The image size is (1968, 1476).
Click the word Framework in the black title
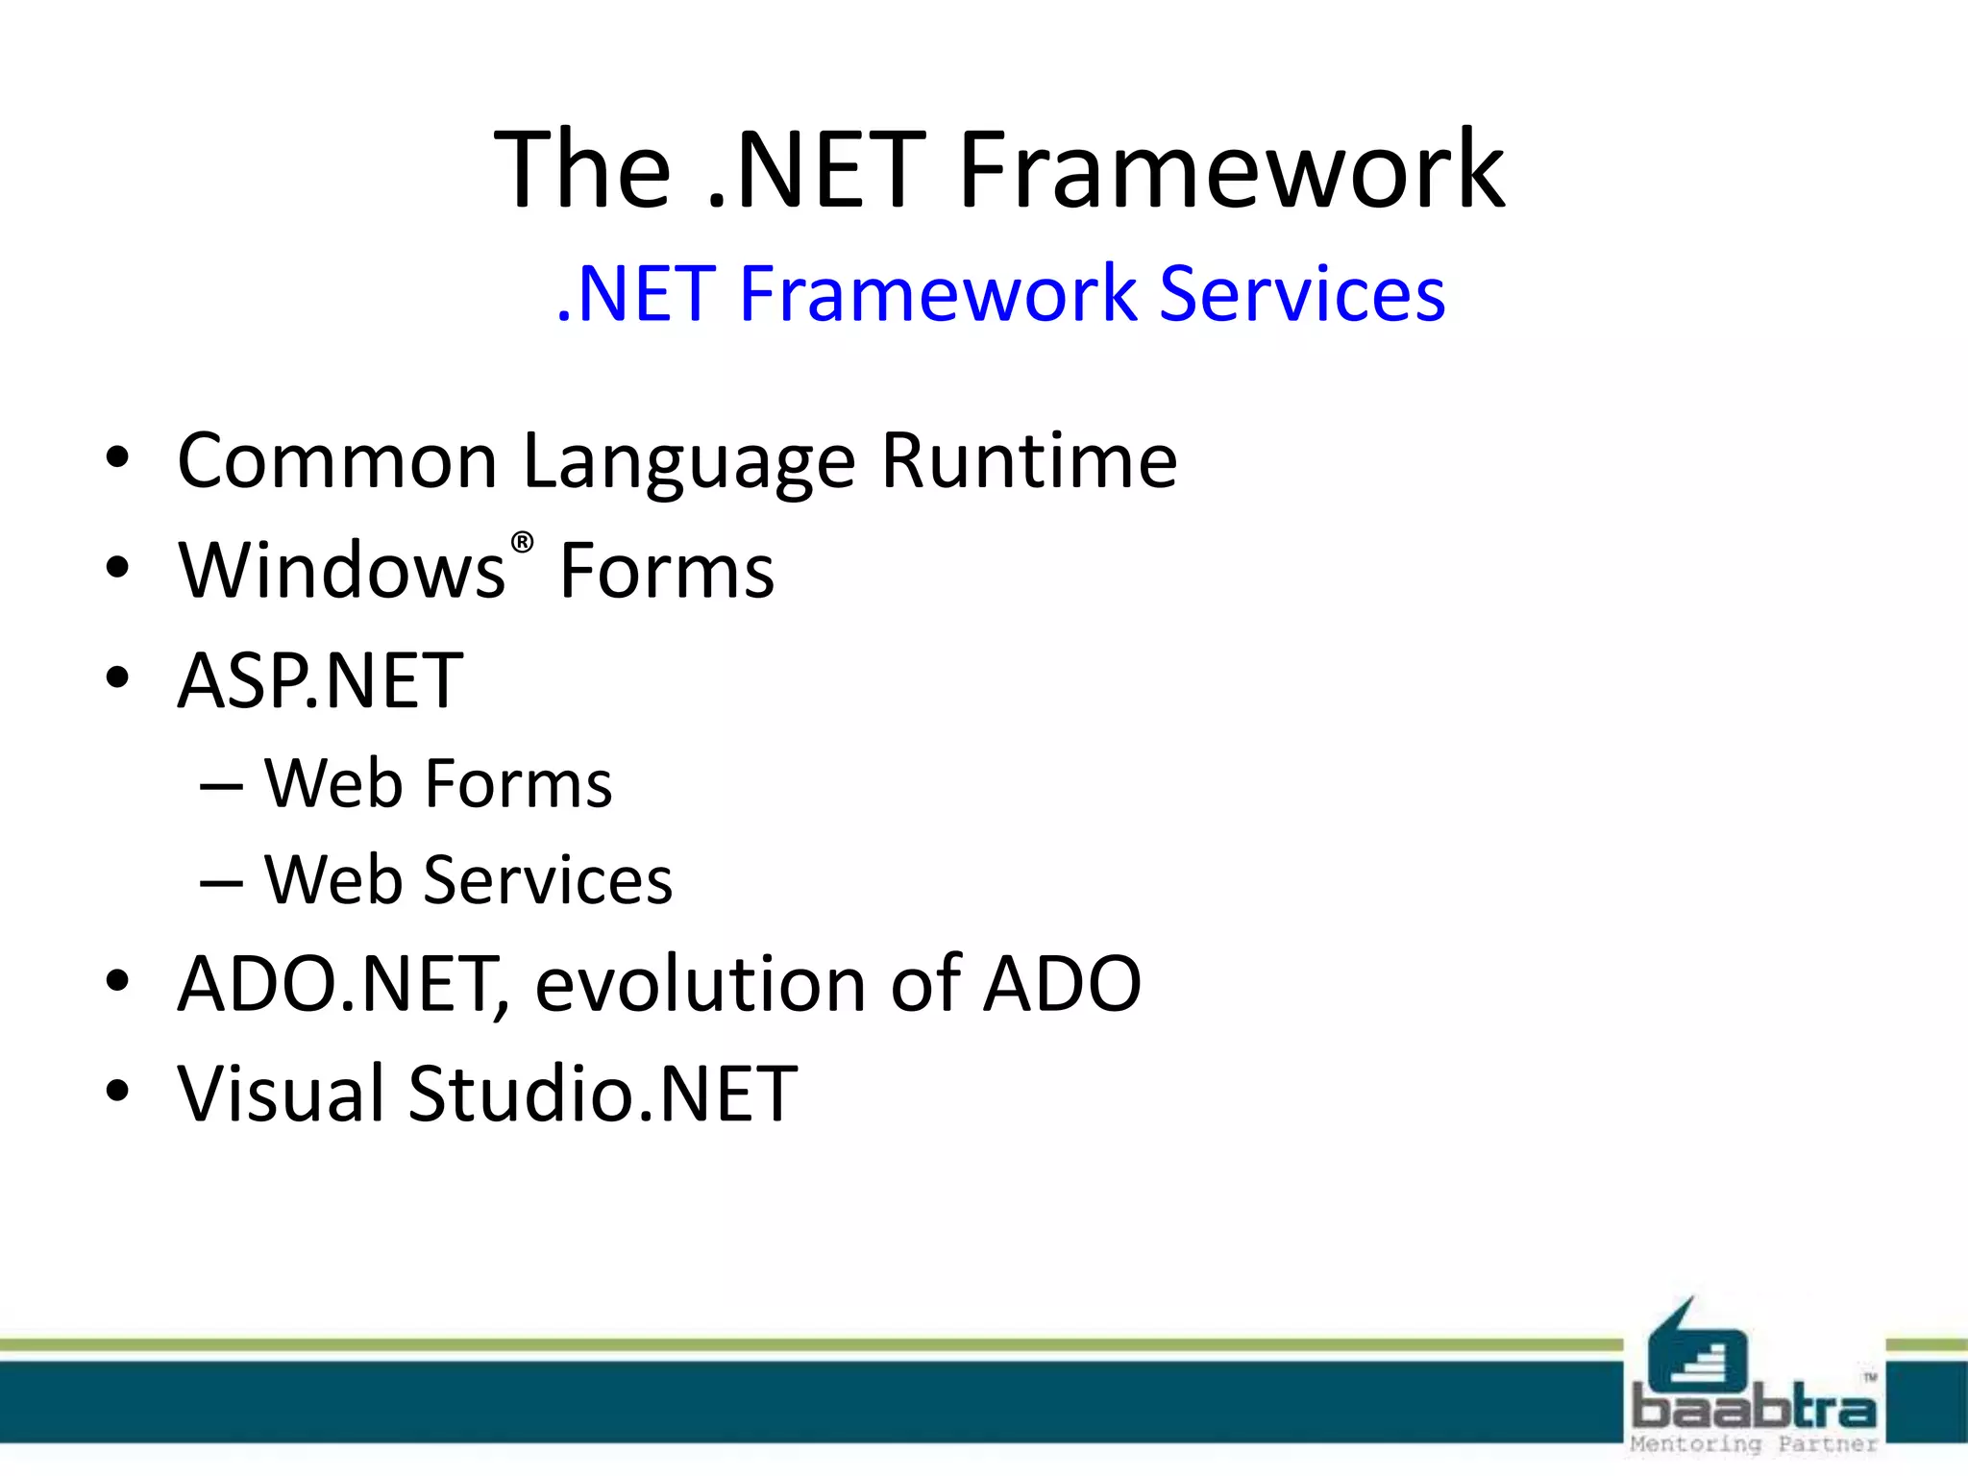tap(1232, 171)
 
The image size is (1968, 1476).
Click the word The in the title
tap(581, 171)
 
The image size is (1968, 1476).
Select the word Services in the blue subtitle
tap(1302, 294)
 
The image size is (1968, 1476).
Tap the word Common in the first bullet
tap(337, 462)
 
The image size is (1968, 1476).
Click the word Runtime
tap(1028, 461)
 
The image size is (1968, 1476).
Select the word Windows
tap(342, 571)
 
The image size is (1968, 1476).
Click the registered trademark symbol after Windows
tap(522, 543)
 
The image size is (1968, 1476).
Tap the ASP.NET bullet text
tap(320, 681)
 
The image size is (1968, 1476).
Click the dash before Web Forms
tap(221, 787)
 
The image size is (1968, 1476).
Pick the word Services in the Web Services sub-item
tap(548, 880)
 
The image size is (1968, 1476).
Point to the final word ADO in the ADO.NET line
tap(1062, 984)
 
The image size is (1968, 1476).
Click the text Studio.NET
tap(603, 1095)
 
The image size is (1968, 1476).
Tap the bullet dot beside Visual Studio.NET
tap(117, 1092)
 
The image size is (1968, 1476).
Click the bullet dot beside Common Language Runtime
tap(117, 458)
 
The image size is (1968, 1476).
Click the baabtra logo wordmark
tap(1754, 1410)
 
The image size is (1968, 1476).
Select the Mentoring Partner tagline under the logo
tap(1754, 1444)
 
